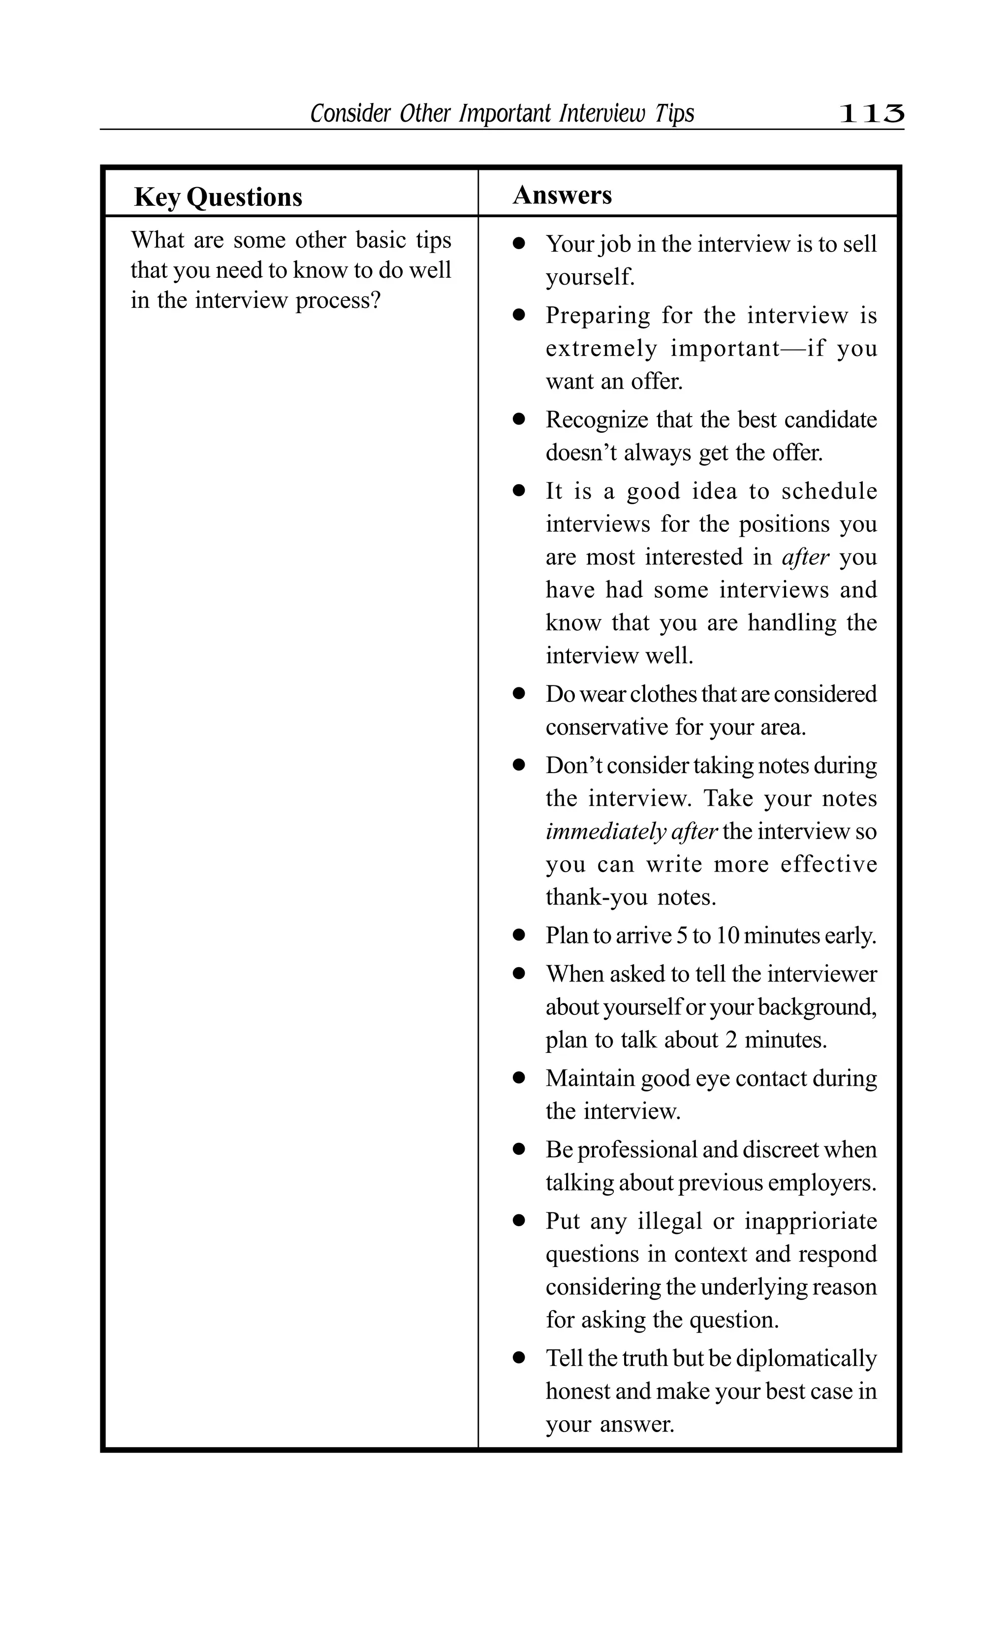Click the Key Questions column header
(218, 197)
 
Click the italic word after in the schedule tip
(805, 557)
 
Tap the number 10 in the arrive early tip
(727, 936)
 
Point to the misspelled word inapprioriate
(810, 1221)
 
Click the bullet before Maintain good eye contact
(519, 1078)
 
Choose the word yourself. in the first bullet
(589, 277)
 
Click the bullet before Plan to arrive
(519, 936)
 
